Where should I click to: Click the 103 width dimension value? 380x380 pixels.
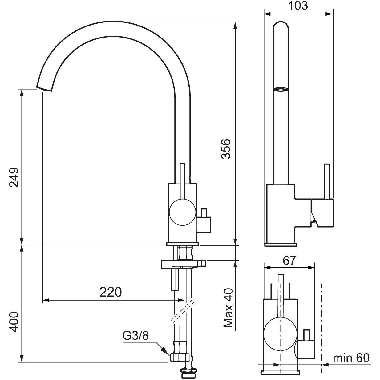pyautogui.click(x=298, y=6)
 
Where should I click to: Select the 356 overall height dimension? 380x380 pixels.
pyautogui.click(x=226, y=149)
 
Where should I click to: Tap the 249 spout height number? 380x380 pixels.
pyautogui.click(x=14, y=177)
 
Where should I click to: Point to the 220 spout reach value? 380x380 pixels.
pyautogui.click(x=111, y=292)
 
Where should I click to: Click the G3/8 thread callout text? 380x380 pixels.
pyautogui.click(x=135, y=335)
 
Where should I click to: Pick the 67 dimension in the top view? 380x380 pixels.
pyautogui.click(x=289, y=261)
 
